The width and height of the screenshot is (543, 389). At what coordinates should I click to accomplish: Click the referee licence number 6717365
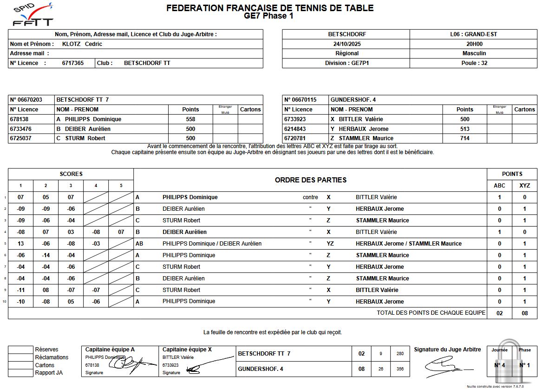(x=73, y=63)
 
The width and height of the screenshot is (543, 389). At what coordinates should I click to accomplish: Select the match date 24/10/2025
(x=346, y=44)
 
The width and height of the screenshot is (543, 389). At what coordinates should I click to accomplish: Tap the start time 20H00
(x=473, y=44)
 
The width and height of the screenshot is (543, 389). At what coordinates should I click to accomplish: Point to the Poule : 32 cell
(x=473, y=63)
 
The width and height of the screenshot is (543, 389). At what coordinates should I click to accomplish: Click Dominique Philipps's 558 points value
(x=190, y=119)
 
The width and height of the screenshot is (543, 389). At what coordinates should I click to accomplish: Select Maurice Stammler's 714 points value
(x=464, y=138)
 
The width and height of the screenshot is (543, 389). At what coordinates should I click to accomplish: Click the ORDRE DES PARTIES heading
(x=310, y=180)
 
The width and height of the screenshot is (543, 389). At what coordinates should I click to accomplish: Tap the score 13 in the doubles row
(x=20, y=244)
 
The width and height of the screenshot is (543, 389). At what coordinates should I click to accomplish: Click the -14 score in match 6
(x=46, y=255)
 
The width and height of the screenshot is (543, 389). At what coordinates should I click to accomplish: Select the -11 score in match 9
(x=20, y=290)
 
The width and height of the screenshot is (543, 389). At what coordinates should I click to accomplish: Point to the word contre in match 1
(x=310, y=197)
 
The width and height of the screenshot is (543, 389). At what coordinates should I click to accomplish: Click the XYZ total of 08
(x=524, y=313)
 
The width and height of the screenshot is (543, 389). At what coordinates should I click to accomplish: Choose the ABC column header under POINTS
(x=499, y=186)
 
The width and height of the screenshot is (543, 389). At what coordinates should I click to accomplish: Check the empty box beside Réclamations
(x=21, y=357)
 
